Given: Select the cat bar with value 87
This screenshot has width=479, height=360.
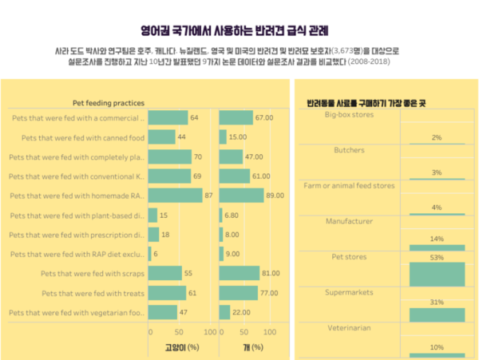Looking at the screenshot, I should tap(176, 195).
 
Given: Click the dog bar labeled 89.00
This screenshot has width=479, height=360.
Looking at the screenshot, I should tap(242, 195).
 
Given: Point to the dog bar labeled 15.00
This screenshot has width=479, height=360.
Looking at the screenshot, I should tap(223, 137).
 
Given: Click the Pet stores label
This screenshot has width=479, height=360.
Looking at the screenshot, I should tap(348, 258).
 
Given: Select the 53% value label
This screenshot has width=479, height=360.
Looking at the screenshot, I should tap(436, 258).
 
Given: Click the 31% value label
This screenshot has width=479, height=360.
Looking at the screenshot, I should tap(436, 303).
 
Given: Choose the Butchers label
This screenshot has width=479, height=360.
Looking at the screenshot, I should tap(348, 150).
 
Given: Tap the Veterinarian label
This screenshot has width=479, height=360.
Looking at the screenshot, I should tap(349, 328).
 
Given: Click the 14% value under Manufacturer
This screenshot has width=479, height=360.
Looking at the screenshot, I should tap(436, 239).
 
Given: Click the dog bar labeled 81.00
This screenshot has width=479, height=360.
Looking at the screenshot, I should tap(239, 273).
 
